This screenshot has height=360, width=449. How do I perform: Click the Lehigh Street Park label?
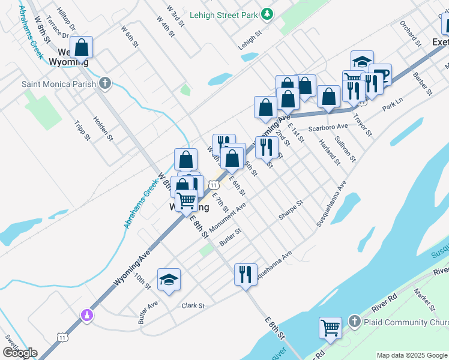pos(224,14)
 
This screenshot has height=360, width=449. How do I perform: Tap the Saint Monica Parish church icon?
pos(106,83)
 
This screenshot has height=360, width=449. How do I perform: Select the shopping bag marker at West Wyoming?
pos(81,47)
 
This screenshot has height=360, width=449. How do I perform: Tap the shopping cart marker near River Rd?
pos(330,328)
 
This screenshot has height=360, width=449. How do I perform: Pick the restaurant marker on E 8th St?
pos(246,274)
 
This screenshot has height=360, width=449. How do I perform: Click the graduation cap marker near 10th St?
pos(169,280)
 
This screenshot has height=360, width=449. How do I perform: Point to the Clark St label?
pos(193,305)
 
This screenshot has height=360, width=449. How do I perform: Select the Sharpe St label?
pos(292,211)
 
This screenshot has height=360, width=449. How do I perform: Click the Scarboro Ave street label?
pos(328,127)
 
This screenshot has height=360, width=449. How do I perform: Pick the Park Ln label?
pos(392,106)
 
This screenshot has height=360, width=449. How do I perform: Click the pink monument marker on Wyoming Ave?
pos(87,314)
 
